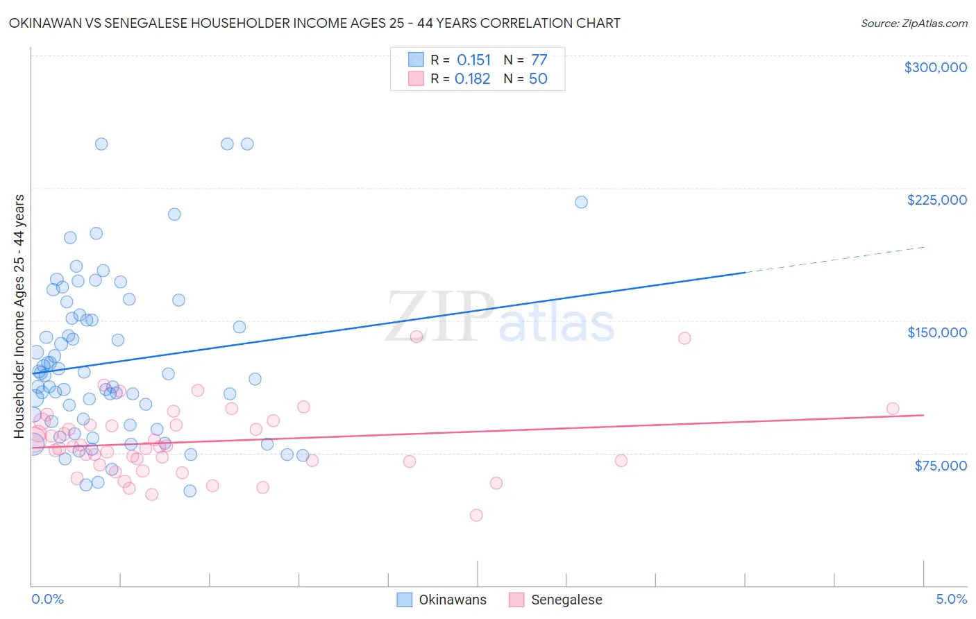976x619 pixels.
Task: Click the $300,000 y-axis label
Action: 935,67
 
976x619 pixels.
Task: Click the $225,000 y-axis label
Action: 936,200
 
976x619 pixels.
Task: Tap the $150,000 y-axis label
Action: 936,332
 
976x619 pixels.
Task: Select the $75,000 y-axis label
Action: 940,466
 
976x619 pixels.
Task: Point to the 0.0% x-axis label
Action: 47,599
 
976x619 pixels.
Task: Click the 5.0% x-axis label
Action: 951,599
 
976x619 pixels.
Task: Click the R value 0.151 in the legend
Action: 473,60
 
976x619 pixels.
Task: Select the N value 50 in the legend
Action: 538,79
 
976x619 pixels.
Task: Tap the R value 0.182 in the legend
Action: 473,79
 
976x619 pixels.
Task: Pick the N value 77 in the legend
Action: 539,60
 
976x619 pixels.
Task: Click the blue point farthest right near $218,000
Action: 581,202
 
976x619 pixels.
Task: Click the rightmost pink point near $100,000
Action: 893,409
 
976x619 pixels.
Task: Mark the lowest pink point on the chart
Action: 476,515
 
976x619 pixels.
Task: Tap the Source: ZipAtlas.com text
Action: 914,23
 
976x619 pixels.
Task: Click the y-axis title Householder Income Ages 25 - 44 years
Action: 19,316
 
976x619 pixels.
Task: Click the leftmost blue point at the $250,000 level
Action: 101,144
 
